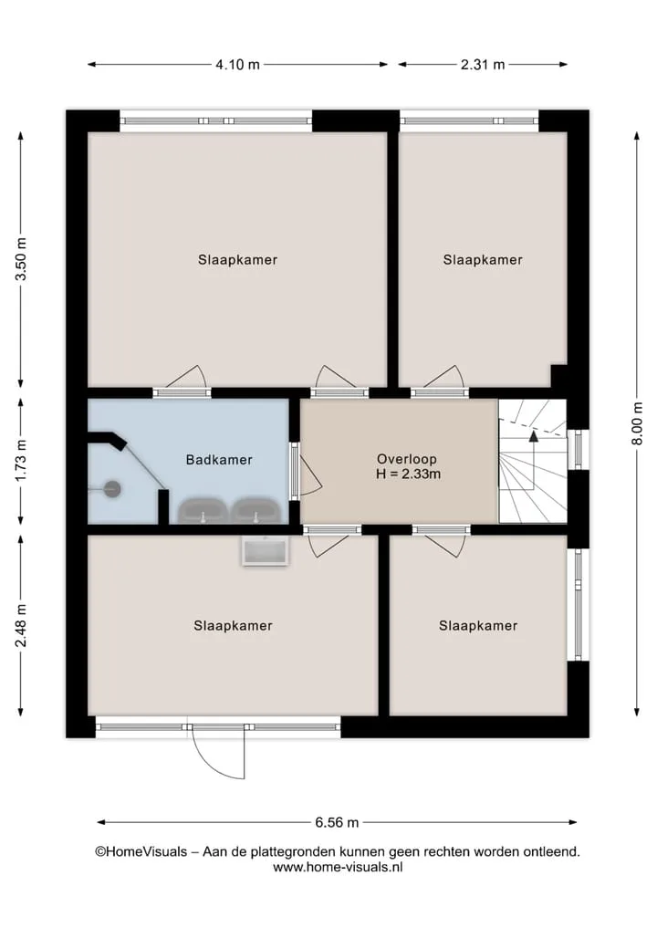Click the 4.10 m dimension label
click(237, 65)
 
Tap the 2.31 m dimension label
click(483, 65)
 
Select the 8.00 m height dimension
click(637, 423)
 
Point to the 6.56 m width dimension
click(337, 822)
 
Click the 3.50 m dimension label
click(21, 258)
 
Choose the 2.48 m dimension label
click(21, 626)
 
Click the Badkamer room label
click(219, 460)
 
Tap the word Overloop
click(407, 459)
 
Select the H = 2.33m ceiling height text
click(408, 474)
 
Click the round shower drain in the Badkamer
click(112, 489)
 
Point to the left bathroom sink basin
click(203, 511)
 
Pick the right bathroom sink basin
click(255, 511)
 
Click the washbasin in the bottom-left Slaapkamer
click(266, 550)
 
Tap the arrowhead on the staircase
click(533, 437)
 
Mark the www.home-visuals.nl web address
click(338, 867)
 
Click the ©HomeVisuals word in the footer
click(141, 851)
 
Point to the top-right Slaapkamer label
click(483, 260)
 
